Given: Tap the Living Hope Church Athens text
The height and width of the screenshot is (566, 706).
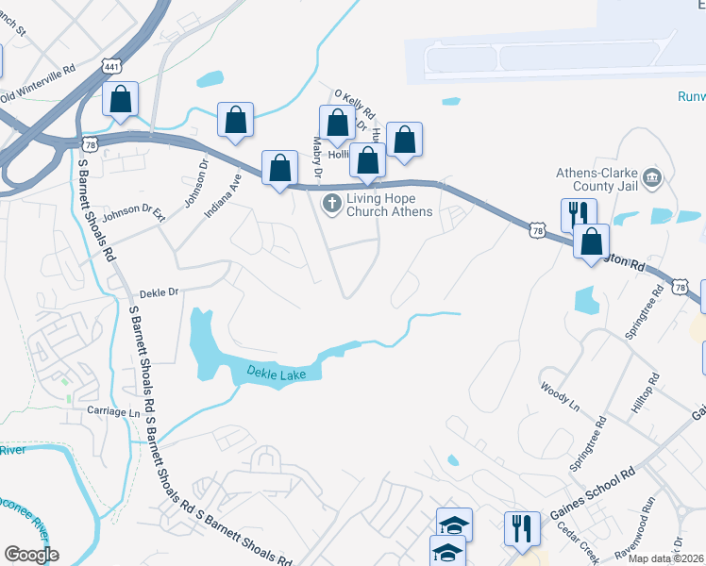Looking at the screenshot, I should coord(389,205).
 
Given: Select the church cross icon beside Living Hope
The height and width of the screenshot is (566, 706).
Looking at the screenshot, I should coord(331,204).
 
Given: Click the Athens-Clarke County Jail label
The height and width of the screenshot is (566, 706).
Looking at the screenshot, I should coord(599,178).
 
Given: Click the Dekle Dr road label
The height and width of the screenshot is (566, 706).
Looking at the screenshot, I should coord(159,292).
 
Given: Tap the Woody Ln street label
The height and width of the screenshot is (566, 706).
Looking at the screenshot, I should coord(560,395).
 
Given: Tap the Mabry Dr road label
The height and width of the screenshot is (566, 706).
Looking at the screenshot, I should coord(318,158).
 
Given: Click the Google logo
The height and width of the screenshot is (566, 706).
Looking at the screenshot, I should coord(31,554).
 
